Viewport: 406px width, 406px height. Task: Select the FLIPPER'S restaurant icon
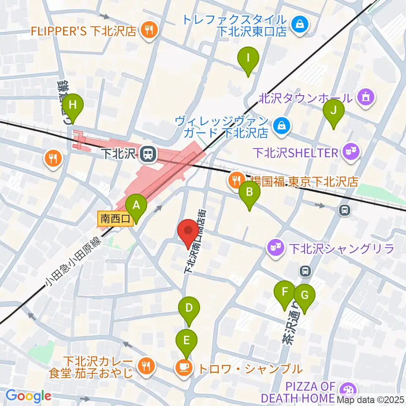click(149, 30)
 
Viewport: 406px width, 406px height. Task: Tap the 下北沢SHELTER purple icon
click(351, 151)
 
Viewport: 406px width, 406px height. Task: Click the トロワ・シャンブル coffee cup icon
click(183, 368)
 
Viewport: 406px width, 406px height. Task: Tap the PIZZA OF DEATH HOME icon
click(348, 391)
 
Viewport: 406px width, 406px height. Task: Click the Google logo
click(28, 396)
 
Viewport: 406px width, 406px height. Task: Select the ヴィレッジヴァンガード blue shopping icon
click(280, 126)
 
